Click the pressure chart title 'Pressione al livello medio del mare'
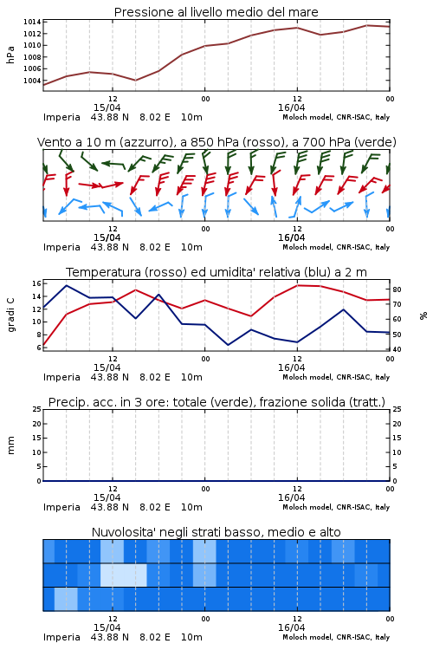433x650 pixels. [x=216, y=12]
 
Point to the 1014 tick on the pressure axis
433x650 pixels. [x=32, y=22]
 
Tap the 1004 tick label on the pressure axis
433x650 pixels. [x=32, y=81]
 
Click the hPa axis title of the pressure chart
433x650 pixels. [x=10, y=55]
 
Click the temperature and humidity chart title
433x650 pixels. [x=216, y=272]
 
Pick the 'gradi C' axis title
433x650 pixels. [x=10, y=315]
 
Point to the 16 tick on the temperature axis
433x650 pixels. [x=36, y=283]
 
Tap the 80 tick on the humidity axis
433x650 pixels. [x=397, y=289]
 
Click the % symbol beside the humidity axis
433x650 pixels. [x=423, y=315]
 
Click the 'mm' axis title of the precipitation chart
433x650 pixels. [x=10, y=445]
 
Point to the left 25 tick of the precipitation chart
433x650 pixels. [x=36, y=409]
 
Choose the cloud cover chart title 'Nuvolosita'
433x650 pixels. [x=216, y=532]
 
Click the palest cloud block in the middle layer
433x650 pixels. [x=124, y=575]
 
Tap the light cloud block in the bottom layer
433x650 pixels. [x=66, y=599]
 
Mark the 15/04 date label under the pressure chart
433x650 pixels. [x=107, y=107]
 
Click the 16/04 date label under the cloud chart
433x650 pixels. [x=291, y=627]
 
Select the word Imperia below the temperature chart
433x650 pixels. [x=61, y=377]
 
